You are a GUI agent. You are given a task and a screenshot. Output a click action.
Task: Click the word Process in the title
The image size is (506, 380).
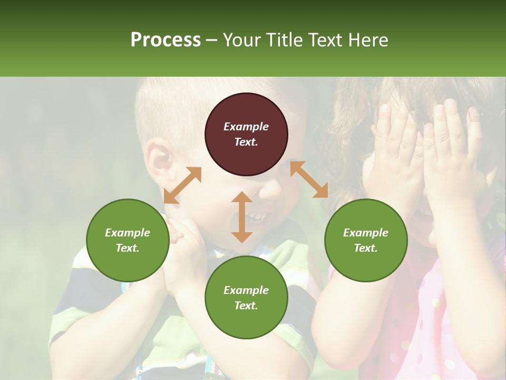pos(166,40)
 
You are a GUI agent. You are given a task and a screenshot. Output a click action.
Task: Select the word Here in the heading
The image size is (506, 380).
pos(367,40)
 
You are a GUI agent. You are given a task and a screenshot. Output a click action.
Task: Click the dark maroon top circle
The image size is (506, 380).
pos(246,134)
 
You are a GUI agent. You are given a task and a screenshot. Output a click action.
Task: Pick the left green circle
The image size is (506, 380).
pos(128,240)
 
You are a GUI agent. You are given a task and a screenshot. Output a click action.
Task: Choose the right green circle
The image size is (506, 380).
pos(366,240)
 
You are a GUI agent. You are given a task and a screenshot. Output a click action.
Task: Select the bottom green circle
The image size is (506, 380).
pos(246,298)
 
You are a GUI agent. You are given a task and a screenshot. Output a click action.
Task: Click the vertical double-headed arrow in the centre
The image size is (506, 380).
pos(242,217)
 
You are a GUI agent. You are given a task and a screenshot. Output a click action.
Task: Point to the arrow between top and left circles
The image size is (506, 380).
pos(182,185)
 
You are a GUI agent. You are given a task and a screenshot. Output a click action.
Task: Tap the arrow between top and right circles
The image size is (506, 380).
pos(309,179)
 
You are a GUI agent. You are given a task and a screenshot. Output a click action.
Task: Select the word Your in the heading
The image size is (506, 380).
pos(240,40)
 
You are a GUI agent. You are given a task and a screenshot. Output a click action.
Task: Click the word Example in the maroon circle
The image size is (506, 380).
pos(246,127)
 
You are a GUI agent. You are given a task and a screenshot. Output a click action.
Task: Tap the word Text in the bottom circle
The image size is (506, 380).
pos(246,306)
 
